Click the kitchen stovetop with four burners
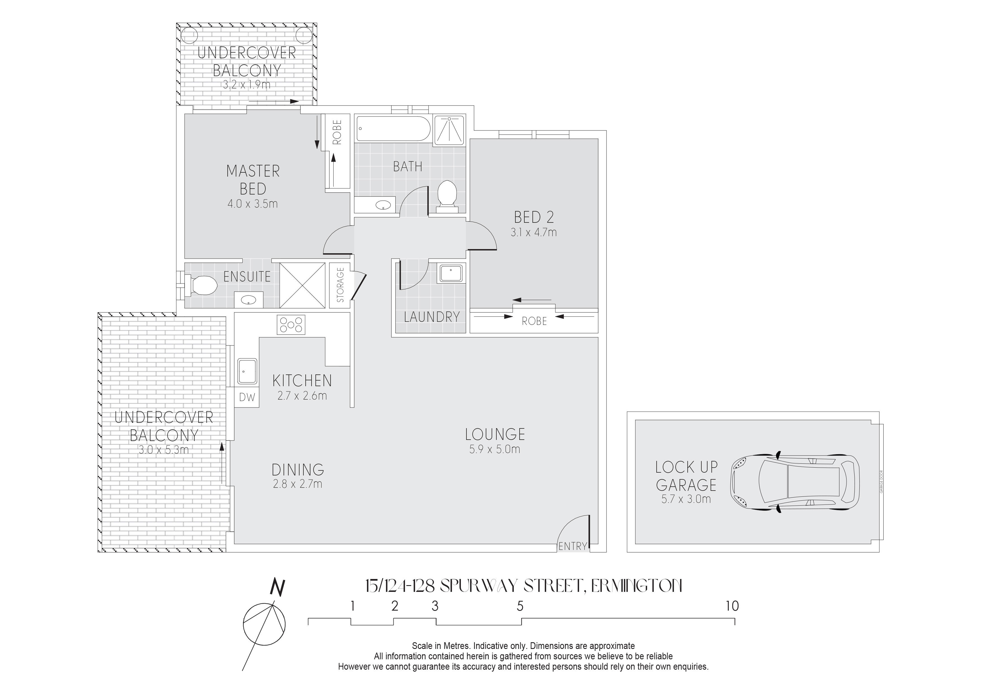coord(291,325)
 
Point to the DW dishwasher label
coord(247,398)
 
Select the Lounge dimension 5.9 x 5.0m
coord(495,449)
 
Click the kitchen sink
coord(247,371)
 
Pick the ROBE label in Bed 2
coord(534,321)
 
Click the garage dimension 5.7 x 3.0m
coord(686,499)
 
